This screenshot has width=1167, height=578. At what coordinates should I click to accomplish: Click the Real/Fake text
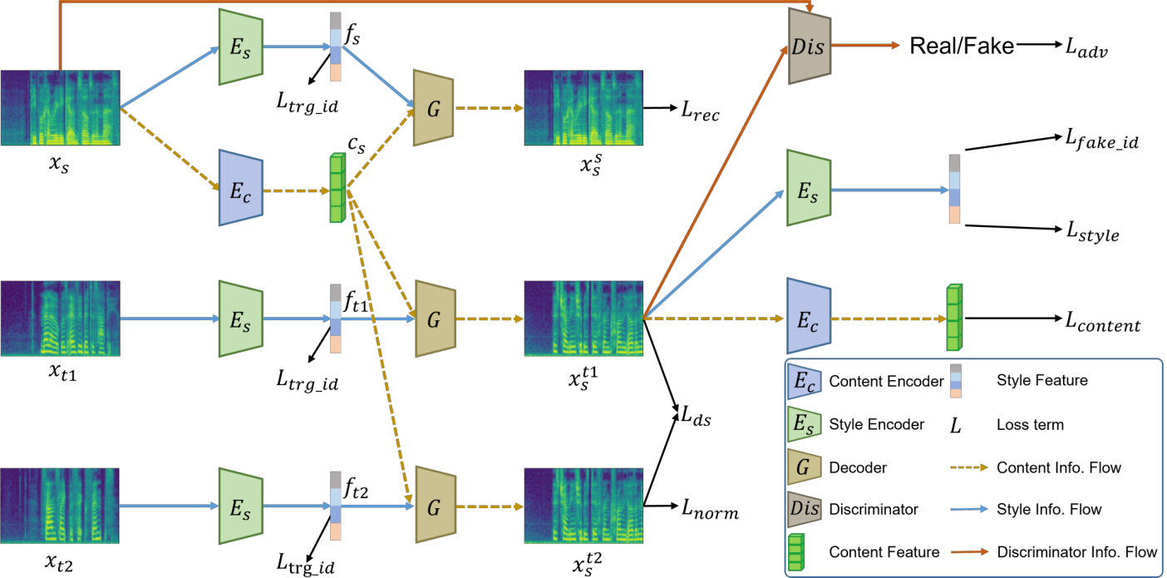point(961,46)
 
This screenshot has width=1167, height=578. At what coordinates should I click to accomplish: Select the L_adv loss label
point(1086,48)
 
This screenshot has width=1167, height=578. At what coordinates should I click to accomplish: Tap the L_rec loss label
point(700,111)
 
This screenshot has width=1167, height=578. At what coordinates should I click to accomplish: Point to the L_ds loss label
point(696,417)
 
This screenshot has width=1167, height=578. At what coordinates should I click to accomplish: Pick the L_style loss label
point(1092,231)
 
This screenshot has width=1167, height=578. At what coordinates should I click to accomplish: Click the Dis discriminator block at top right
point(809,46)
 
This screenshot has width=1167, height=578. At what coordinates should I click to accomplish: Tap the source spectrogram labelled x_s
point(61,108)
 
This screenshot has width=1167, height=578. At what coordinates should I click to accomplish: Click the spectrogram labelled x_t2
point(60,506)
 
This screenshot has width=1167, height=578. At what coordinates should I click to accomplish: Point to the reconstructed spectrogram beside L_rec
point(583,108)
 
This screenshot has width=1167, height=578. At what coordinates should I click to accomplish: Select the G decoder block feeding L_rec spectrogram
point(433,108)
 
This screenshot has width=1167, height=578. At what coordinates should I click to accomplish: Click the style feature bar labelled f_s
point(336,47)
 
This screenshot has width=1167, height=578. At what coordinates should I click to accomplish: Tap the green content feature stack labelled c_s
point(337,188)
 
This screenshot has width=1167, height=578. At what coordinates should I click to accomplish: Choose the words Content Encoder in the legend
point(886,382)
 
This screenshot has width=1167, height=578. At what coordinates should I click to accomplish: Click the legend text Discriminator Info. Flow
point(1077,552)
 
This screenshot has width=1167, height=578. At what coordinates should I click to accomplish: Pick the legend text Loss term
point(1030,425)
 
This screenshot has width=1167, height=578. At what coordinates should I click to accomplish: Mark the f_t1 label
point(357,301)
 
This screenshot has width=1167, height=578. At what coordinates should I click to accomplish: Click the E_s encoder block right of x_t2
point(241,506)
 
